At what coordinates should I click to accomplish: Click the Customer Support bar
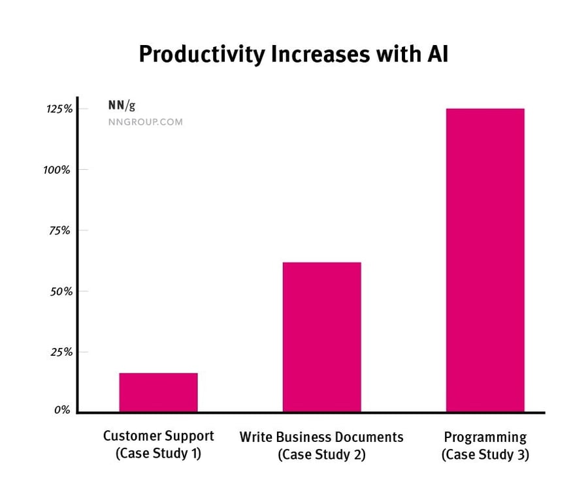(158, 392)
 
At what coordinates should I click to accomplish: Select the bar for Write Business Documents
(321, 337)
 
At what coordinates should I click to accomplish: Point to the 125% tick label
(59, 109)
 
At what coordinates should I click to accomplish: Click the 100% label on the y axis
(58, 170)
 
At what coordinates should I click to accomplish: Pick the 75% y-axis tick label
(61, 230)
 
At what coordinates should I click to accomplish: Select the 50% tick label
(61, 291)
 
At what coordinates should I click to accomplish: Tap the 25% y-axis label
(61, 352)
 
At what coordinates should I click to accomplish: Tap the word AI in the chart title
(438, 54)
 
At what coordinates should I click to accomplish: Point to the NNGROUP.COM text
(145, 122)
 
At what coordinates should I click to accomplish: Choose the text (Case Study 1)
(158, 453)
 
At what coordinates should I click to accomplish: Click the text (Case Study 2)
(321, 454)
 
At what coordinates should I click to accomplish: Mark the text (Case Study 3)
(485, 454)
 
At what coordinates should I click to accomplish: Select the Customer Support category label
(158, 436)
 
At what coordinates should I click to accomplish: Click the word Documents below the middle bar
(368, 437)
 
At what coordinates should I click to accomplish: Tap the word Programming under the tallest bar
(485, 437)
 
